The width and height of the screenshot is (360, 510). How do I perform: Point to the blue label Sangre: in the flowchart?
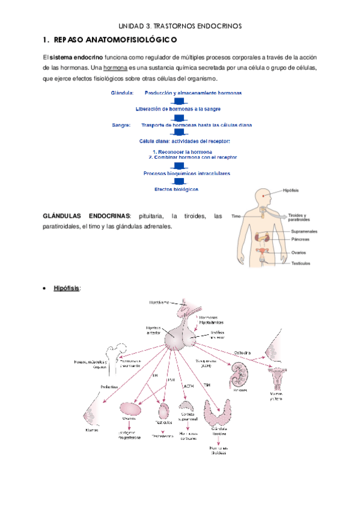coord(121,125)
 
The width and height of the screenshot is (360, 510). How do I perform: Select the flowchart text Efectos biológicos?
coord(177,189)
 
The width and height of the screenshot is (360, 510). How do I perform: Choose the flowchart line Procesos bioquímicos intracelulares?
coord(187,173)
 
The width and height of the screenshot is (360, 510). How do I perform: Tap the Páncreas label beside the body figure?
coord(301,239)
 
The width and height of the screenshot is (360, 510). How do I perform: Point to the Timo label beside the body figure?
coord(236,215)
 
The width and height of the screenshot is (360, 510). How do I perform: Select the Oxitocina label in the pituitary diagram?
coord(243,353)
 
